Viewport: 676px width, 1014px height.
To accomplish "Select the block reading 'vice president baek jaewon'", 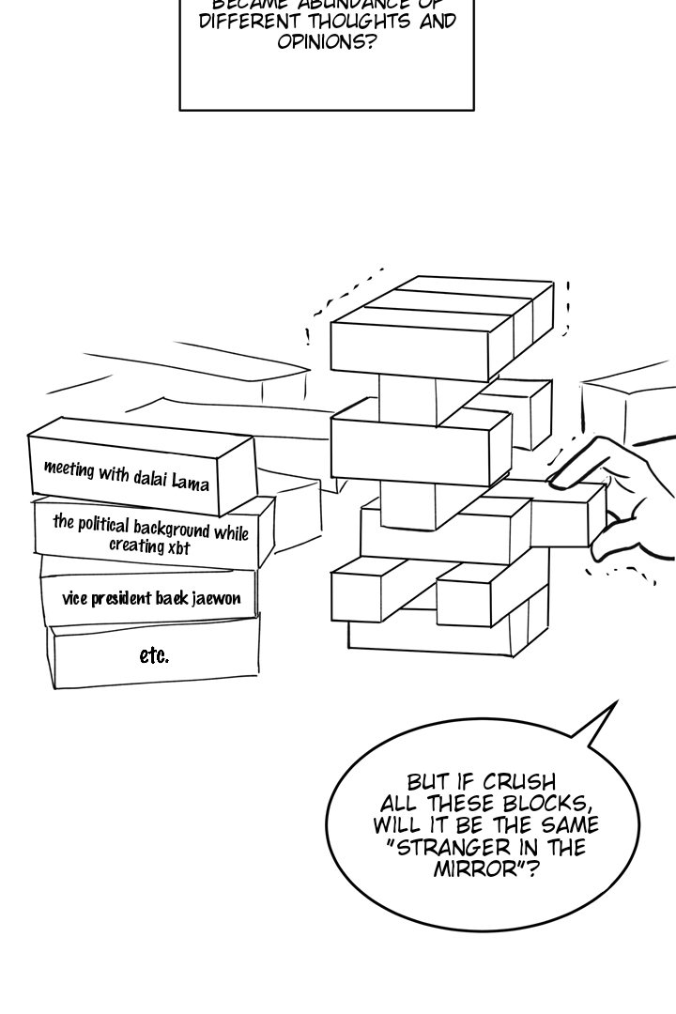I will (150, 598).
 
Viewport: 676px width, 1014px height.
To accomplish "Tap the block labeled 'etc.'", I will (154, 656).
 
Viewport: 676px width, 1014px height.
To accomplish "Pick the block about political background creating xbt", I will (150, 533).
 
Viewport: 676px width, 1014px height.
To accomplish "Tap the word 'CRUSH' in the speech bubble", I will (518, 782).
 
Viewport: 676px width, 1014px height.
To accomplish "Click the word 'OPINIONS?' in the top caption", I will (326, 42).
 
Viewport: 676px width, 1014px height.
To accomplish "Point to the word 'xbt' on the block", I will (177, 547).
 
